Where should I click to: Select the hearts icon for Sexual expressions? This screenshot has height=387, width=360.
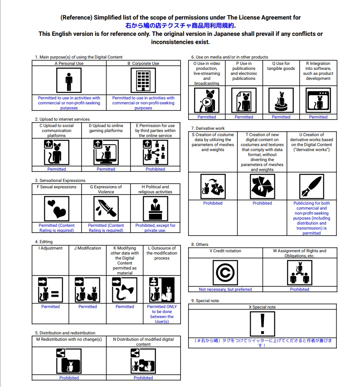click(x=57, y=208)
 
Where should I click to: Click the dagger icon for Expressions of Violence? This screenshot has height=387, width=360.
click(x=106, y=208)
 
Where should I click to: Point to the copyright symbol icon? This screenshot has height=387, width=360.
click(x=225, y=272)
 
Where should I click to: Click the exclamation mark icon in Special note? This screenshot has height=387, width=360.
click(x=263, y=323)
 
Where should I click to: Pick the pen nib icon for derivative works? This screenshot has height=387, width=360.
click(x=311, y=186)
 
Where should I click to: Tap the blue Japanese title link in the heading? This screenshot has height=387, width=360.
click(x=180, y=26)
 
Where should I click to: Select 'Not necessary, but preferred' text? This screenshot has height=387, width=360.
click(x=225, y=289)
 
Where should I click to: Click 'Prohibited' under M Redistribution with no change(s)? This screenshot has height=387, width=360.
click(x=69, y=377)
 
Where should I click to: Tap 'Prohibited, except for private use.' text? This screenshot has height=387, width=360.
click(x=156, y=228)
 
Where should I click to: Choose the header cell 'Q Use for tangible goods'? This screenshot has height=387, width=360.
click(x=281, y=66)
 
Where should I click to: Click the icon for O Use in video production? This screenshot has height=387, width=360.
click(x=207, y=100)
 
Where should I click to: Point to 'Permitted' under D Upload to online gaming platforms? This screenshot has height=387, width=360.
click(x=106, y=169)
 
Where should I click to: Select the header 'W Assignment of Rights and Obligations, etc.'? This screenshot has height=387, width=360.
click(x=300, y=253)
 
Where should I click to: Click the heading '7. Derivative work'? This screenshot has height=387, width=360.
click(x=208, y=128)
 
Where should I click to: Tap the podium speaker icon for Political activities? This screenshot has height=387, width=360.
click(x=156, y=208)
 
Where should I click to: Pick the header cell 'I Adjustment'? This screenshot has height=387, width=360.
click(x=50, y=248)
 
